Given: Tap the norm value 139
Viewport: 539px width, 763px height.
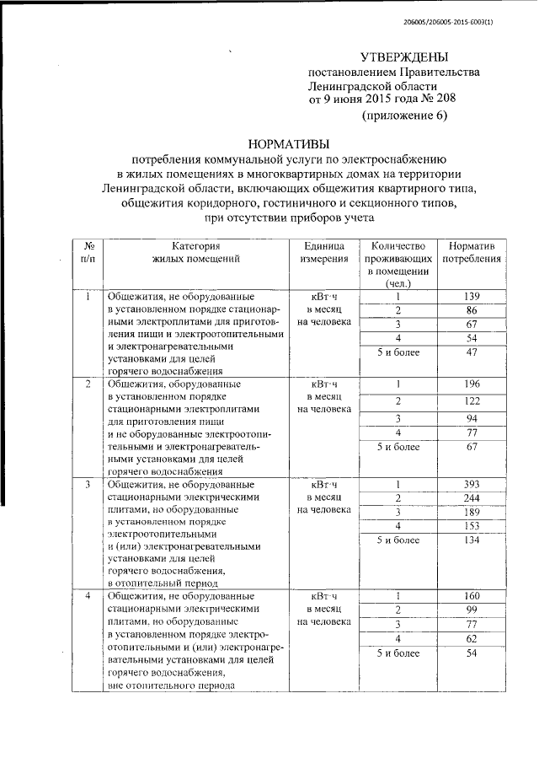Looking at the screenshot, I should click(x=472, y=296).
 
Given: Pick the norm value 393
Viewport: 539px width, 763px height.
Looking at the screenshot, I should click(x=472, y=484).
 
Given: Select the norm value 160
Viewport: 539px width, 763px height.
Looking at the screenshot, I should click(x=472, y=596).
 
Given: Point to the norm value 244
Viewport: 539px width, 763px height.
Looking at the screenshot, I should click(x=472, y=497).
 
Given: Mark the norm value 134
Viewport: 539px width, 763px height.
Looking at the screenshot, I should click(x=472, y=540).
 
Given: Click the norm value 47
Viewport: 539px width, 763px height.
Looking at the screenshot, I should click(x=472, y=353).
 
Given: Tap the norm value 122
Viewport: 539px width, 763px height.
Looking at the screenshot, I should click(x=472, y=401).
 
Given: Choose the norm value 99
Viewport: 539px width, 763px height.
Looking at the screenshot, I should click(x=472, y=610).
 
